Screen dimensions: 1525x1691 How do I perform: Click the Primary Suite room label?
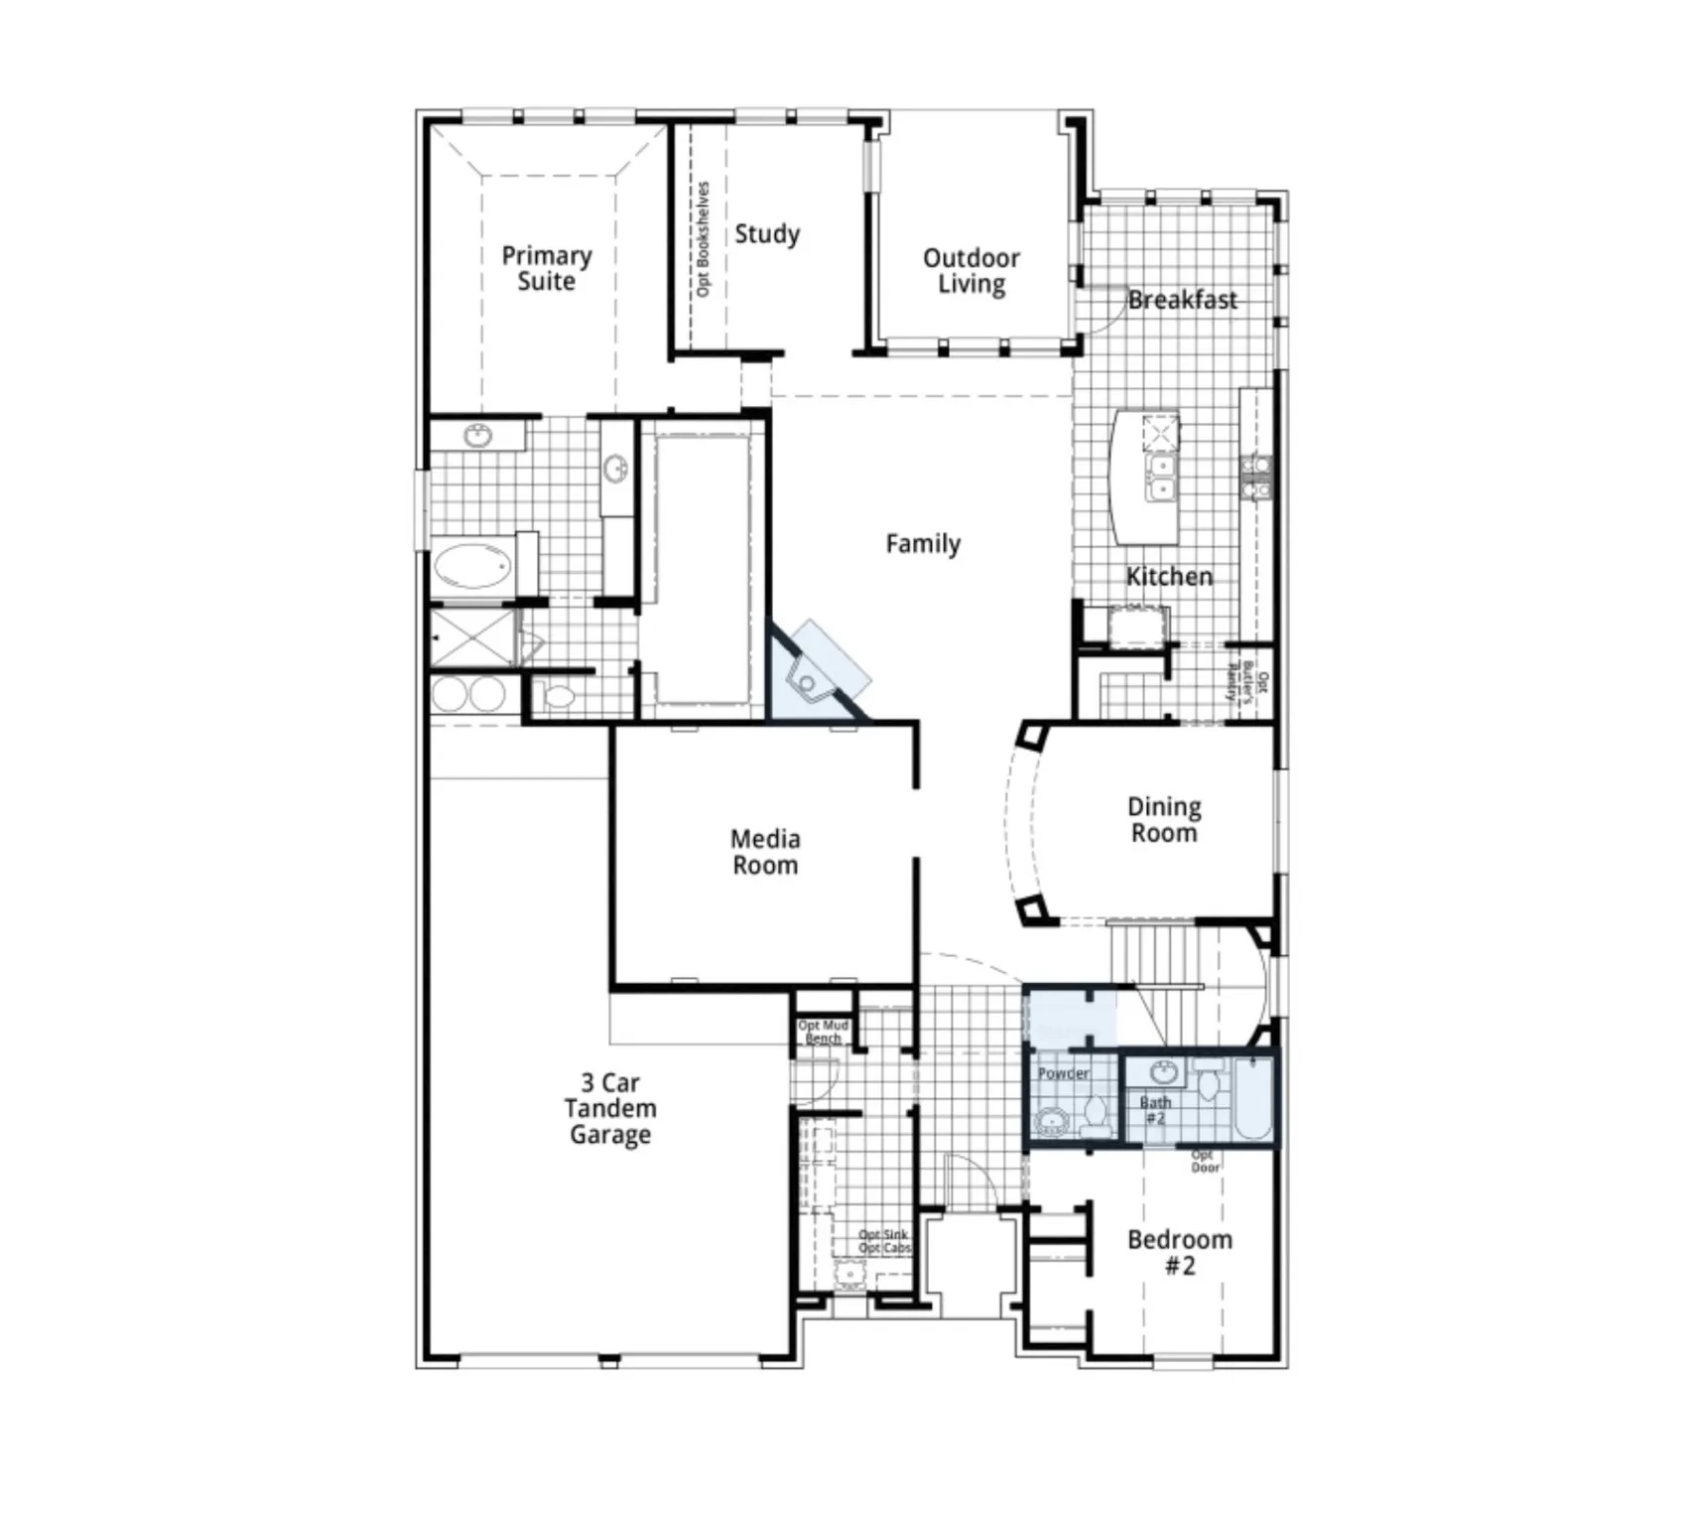pos(546,269)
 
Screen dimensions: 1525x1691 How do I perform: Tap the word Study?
pos(767,234)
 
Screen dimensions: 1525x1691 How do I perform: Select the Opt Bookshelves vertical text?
pos(704,238)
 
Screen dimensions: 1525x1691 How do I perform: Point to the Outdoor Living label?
pos(971,271)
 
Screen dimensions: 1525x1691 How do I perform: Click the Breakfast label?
pos(1182,300)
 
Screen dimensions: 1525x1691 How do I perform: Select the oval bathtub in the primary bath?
pos(472,567)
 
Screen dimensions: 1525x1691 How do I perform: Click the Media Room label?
pos(764,852)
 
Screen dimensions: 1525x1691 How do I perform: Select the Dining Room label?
pos(1164,820)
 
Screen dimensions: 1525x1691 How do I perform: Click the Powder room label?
pos(1063,1073)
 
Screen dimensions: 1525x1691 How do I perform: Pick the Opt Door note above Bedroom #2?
pos(1204,1162)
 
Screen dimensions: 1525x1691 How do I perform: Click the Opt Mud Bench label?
pos(823,1032)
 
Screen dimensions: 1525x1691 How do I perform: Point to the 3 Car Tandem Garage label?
pos(610,1109)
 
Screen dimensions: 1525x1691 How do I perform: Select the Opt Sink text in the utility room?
pos(883,1235)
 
